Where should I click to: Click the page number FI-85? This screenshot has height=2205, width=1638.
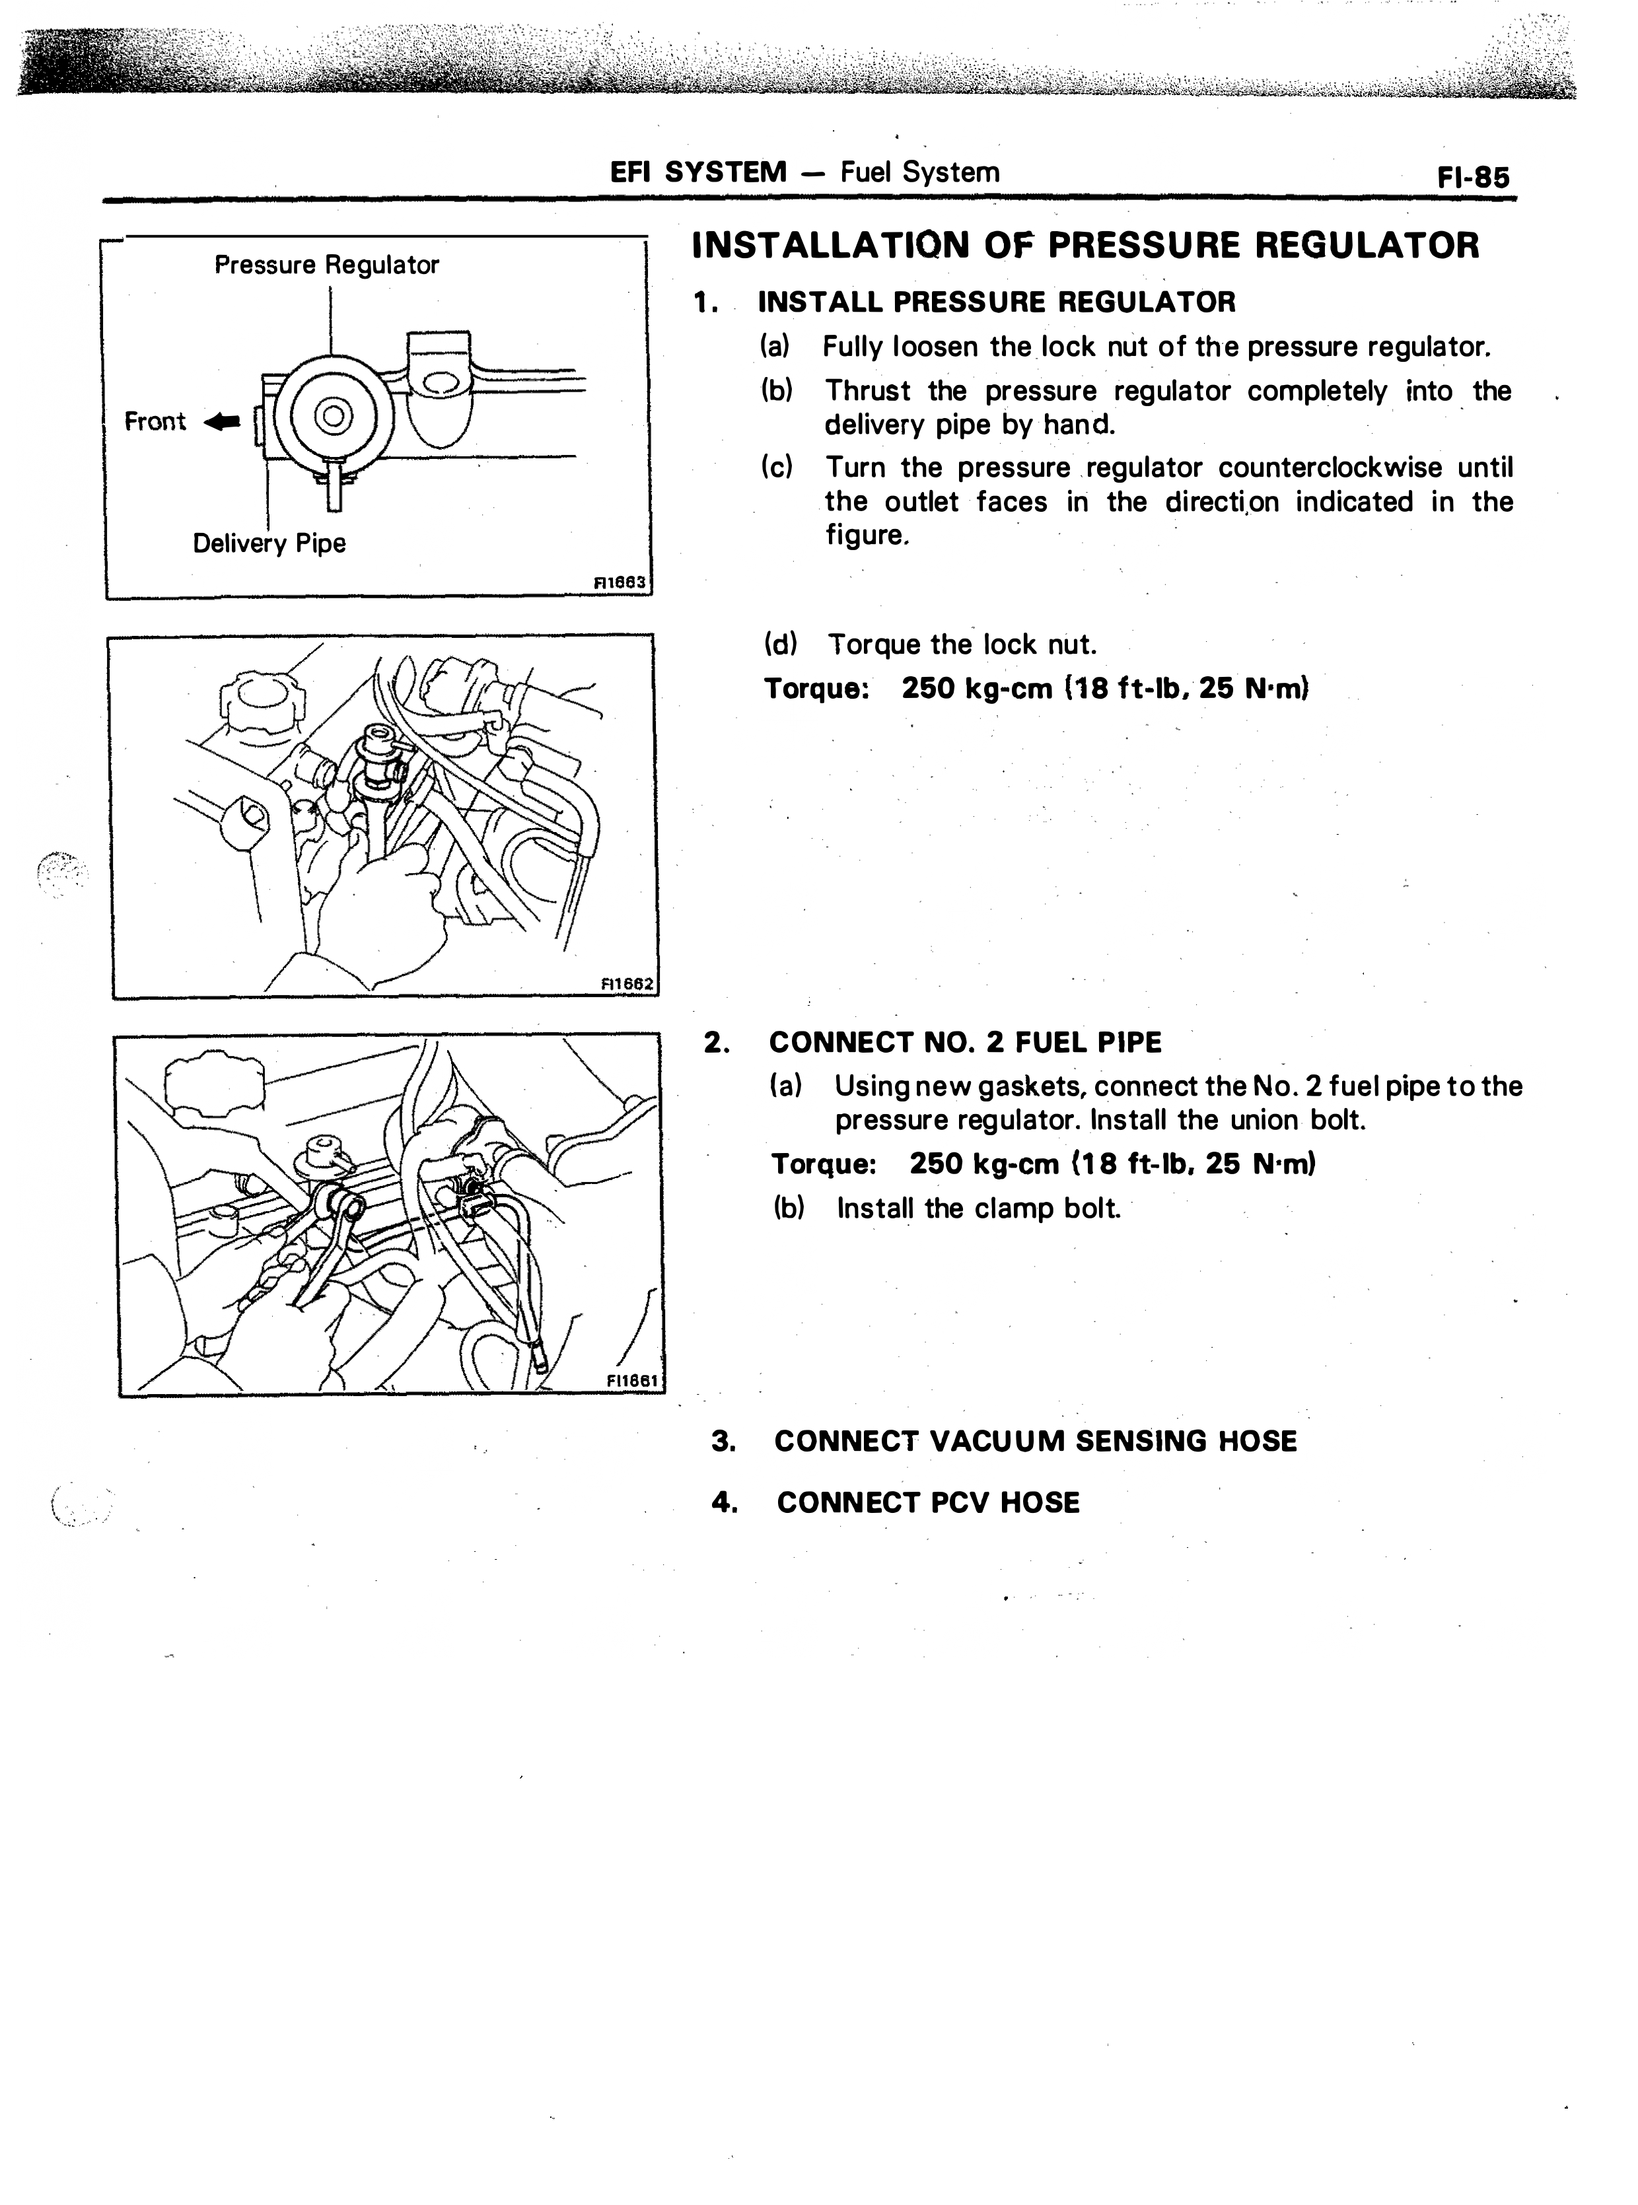click(1474, 178)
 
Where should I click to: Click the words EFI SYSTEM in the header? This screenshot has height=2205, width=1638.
click(698, 172)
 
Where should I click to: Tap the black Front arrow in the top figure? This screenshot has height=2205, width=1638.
click(222, 423)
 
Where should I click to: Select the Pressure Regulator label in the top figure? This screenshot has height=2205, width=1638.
click(326, 265)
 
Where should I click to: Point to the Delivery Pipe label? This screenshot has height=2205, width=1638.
click(269, 543)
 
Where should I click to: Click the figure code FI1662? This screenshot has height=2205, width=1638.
click(627, 983)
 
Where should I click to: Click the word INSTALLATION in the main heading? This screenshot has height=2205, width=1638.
click(830, 245)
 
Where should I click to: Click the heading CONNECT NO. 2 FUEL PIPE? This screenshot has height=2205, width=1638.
click(965, 1043)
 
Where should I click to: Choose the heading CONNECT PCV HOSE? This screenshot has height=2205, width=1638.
click(928, 1503)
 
